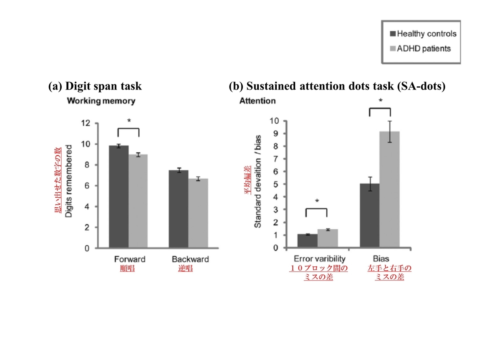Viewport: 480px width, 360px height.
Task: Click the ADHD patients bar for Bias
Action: (x=389, y=190)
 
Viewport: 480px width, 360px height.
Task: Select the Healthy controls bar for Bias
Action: (x=370, y=216)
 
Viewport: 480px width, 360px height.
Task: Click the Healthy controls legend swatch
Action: (x=393, y=34)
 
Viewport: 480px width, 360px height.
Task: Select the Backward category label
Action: (x=190, y=259)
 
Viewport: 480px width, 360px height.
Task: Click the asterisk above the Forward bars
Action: (x=128, y=121)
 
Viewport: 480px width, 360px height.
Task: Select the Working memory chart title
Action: (x=101, y=101)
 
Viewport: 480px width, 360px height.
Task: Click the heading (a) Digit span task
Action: (x=95, y=86)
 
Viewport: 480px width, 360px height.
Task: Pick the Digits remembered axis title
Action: (x=68, y=181)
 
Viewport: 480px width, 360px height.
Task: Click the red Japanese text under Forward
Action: (x=127, y=268)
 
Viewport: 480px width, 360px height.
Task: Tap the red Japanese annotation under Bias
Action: (x=389, y=272)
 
